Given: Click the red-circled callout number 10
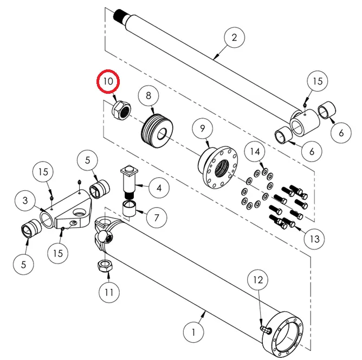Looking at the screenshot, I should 108,82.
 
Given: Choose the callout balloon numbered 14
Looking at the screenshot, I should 255,152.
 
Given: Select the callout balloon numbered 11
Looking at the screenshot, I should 109,292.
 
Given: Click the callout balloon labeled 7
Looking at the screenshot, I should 156,218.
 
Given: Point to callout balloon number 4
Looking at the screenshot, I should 158,189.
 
